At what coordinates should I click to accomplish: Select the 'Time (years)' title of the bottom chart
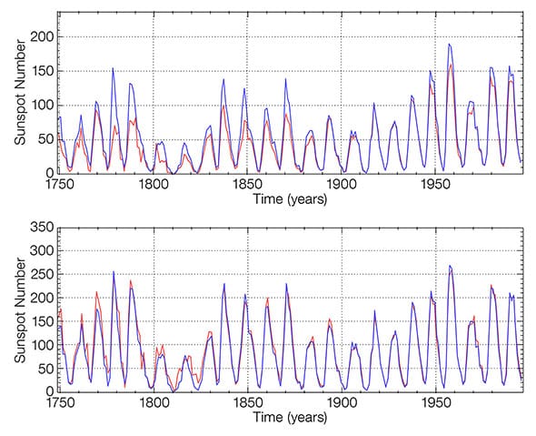click(x=286, y=417)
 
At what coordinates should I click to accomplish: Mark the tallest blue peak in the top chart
click(x=449, y=44)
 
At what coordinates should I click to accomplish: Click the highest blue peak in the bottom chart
click(x=450, y=266)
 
